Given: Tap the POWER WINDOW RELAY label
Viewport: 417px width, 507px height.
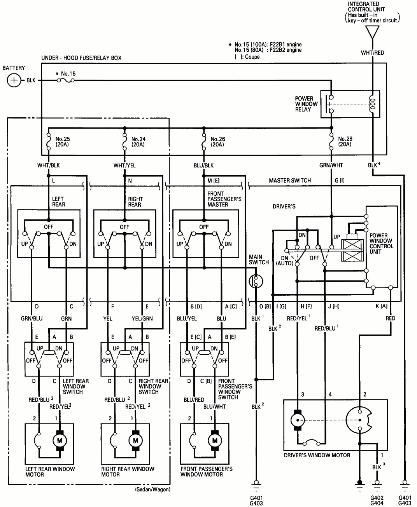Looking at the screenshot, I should tap(306, 104).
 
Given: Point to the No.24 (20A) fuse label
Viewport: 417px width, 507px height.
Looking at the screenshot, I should tap(138, 142).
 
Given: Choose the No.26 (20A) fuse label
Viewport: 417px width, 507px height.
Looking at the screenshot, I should tap(217, 142).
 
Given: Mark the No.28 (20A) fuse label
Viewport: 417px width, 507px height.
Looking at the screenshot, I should tap(345, 141).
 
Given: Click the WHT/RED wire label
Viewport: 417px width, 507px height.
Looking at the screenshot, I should tap(372, 53).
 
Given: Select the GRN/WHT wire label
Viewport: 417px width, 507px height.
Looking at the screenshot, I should tap(331, 165).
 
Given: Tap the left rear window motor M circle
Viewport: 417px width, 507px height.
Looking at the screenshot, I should tap(60, 440).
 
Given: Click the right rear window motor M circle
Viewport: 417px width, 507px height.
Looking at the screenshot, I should tap(136, 440).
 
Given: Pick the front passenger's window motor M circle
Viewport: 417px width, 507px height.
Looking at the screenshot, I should tap(215, 440).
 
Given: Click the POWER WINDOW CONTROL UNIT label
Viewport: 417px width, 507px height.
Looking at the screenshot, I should tap(381, 243).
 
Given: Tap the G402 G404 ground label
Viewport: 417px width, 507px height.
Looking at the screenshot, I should tap(377, 500).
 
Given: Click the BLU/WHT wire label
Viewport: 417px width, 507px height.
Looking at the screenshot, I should tap(214, 406).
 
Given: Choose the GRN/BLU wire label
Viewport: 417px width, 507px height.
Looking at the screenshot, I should tap(32, 318).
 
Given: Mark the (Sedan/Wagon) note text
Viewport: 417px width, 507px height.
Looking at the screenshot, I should tap(152, 490).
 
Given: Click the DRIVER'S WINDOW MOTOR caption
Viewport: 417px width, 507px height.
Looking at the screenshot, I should tap(317, 455).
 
